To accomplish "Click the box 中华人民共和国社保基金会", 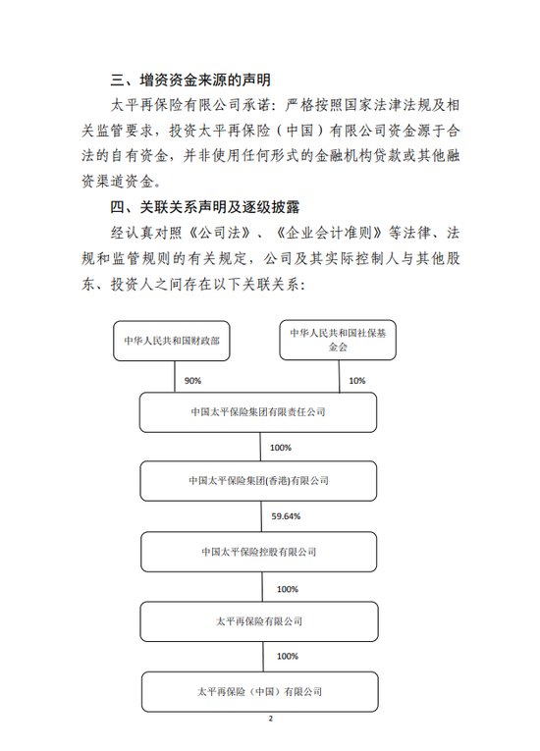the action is coord(340,341).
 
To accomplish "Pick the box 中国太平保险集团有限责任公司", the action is coord(257,412).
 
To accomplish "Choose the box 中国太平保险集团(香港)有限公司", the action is coord(257,481).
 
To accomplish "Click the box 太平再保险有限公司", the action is coord(257,620).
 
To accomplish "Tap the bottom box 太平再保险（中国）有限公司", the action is coord(257,691).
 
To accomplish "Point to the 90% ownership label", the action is coord(188,380).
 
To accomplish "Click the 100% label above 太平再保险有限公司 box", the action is coord(287,588).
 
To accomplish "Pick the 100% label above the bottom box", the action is coord(287,655).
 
